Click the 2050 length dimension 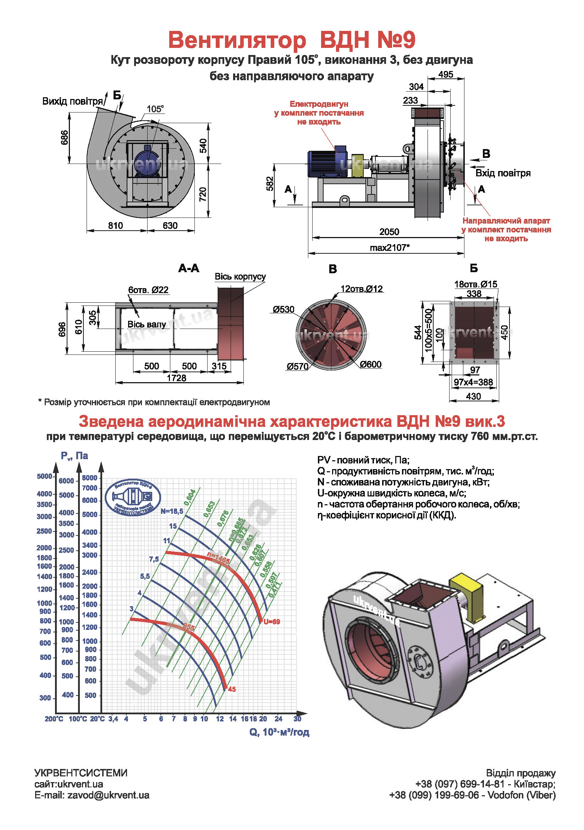(389, 232)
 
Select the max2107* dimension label (390, 248)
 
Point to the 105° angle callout (155, 109)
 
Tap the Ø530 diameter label (283, 309)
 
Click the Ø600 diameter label (370, 364)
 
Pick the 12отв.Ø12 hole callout (362, 289)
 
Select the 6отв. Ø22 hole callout (148, 290)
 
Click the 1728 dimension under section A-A (176, 378)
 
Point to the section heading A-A (189, 268)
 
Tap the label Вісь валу (147, 324)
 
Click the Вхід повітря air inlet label (503, 173)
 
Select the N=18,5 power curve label (172, 511)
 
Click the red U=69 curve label (271, 622)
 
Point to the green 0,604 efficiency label (190, 498)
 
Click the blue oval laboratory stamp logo (133, 497)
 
